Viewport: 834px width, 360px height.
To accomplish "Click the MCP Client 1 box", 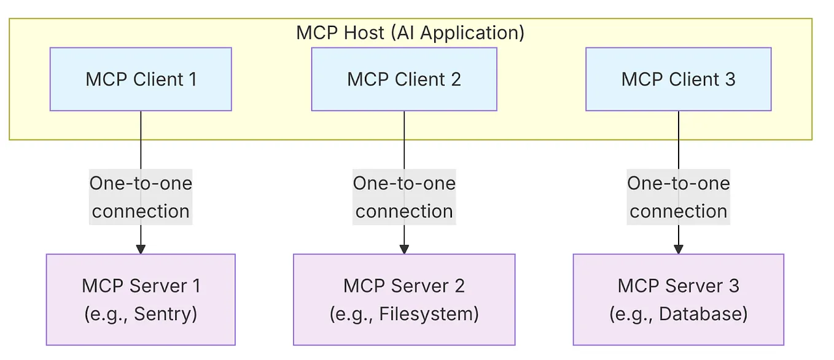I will [x=141, y=79].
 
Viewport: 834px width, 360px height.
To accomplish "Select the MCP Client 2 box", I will [x=403, y=79].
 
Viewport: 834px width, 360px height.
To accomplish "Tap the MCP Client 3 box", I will [x=678, y=79].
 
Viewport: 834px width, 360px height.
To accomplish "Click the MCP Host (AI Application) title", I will [x=410, y=32].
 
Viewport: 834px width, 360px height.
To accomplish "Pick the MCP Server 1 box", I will [x=141, y=299].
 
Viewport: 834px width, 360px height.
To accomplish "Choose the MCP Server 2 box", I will [x=403, y=299].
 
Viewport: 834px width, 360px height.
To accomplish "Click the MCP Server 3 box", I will [x=678, y=299].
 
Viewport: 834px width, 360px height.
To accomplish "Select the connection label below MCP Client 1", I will [x=141, y=197].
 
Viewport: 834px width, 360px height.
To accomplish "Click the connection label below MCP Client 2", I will [x=403, y=197].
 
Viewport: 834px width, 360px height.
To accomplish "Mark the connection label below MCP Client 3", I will [x=678, y=197].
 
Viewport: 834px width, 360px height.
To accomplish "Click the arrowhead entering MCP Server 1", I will [x=141, y=249].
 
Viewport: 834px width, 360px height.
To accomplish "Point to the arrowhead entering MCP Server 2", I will [x=403, y=249].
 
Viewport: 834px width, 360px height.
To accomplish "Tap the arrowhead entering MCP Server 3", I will [x=678, y=249].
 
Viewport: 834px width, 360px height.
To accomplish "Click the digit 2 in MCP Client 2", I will [x=455, y=79].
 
